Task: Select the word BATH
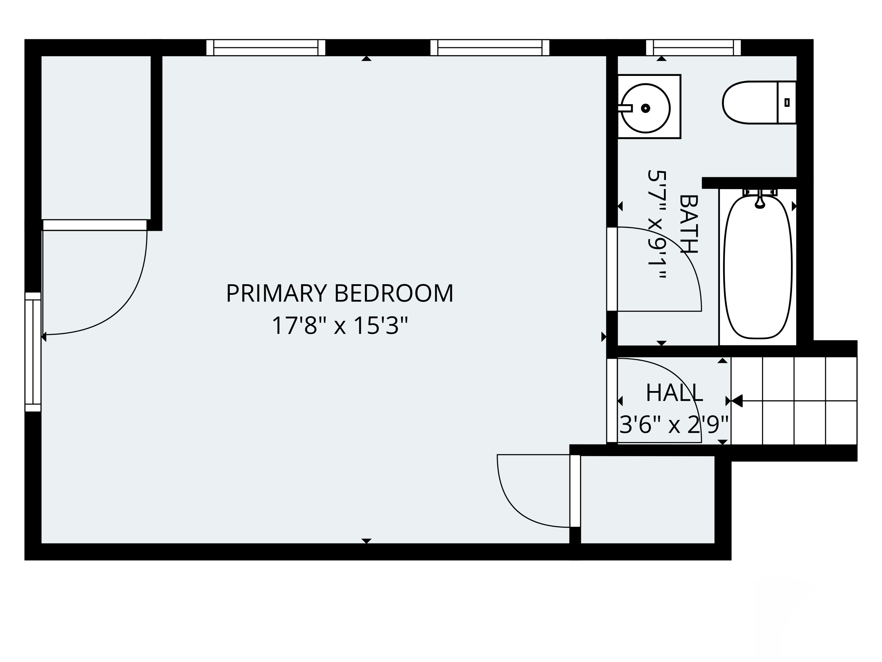coord(688,224)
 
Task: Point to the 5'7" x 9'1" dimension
coord(657,224)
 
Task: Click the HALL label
coord(674,393)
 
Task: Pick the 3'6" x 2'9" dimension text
coord(674,425)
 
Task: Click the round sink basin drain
coord(646,108)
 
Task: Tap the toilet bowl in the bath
coord(749,103)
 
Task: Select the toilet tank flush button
coord(787,103)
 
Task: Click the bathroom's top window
coord(693,47)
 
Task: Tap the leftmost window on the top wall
coord(265,47)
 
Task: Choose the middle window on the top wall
coord(490,47)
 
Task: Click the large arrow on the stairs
coord(737,401)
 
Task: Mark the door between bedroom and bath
coord(612,269)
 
